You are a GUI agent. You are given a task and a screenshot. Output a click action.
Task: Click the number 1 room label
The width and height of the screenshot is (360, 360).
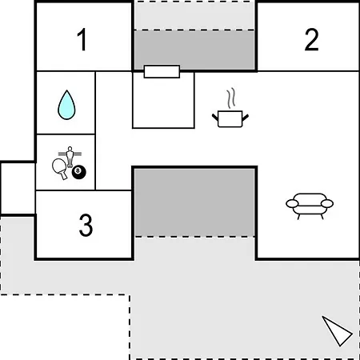coord(82,39)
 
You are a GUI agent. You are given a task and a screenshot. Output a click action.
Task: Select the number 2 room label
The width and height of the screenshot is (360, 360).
coord(311,39)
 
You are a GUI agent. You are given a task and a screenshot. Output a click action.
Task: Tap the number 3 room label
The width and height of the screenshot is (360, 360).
coord(86,226)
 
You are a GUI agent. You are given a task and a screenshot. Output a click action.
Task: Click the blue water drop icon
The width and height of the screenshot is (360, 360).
coord(66,105)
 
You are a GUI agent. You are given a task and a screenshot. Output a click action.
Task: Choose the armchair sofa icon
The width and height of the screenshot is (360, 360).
coord(310,206)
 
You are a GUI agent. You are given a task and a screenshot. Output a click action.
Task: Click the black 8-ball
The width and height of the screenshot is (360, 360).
coord(79,172)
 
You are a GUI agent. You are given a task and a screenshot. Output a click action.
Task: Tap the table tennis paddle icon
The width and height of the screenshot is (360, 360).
coord(60,168)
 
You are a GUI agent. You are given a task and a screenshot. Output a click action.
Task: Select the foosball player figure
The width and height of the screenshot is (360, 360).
coord(70,157)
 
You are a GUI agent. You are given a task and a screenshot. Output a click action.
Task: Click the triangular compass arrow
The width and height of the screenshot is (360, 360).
coord(337,331)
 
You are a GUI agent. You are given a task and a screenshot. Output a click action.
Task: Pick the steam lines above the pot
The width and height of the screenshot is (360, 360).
coord(231,98)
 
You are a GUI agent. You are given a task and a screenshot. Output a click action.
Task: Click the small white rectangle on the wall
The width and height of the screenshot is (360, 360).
coord(162,71)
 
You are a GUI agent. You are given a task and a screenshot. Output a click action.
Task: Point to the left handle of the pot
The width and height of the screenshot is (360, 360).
coord(215,117)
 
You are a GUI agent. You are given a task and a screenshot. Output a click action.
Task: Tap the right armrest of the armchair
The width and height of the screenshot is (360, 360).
coord(327,203)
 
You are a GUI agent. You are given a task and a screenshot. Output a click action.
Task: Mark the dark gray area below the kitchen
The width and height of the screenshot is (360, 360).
coord(194,202)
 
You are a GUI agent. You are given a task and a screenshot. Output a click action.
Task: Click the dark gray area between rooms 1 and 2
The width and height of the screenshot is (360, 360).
coord(194,50)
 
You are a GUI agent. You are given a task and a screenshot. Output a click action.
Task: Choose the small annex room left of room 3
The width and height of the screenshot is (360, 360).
coord(18,188)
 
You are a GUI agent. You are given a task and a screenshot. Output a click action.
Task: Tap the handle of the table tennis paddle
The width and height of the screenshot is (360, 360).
coord(64,175)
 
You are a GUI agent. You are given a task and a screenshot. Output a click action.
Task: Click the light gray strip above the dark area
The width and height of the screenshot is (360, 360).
coord(194,15)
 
